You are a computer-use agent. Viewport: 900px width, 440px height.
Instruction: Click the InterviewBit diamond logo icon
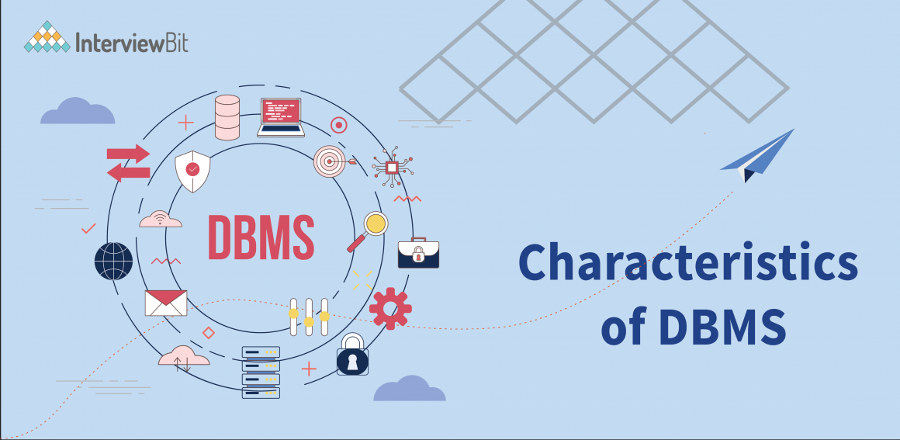[47, 36]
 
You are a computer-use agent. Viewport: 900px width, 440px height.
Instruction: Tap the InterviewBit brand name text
[131, 40]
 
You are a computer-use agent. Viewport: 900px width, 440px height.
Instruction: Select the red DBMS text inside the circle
[261, 236]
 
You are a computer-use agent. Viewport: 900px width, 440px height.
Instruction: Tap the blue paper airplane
[756, 155]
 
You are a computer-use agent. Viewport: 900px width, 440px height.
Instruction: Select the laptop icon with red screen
[282, 117]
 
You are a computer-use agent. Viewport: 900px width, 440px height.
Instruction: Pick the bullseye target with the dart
[331, 161]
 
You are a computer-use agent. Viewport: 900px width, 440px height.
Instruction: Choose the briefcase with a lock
[418, 253]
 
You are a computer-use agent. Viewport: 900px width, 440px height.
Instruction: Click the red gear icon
[390, 308]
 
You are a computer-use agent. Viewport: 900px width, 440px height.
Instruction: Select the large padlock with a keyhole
[352, 356]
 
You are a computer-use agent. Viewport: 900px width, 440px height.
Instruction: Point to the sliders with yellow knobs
[309, 317]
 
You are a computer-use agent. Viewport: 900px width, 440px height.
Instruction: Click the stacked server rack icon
[261, 372]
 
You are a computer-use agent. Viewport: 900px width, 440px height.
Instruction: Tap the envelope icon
[166, 303]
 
